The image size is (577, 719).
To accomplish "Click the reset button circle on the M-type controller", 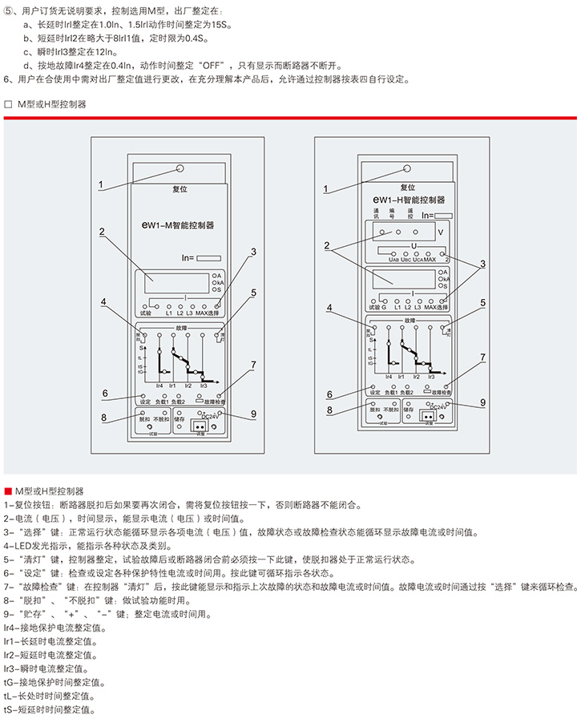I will click(180, 169).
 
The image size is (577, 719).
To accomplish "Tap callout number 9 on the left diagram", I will click(252, 414).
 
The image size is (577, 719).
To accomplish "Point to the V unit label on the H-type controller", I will click(439, 232).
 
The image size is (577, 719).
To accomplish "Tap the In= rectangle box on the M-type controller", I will click(209, 258).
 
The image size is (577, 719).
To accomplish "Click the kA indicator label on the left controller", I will click(218, 282).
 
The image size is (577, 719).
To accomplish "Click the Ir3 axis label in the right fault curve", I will click(431, 376).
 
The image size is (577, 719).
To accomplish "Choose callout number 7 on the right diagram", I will click(482, 357).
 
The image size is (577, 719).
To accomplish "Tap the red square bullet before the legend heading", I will click(7, 489).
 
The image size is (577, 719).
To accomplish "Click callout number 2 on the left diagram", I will click(102, 232).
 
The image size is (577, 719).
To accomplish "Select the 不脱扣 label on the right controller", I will click(390, 410).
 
